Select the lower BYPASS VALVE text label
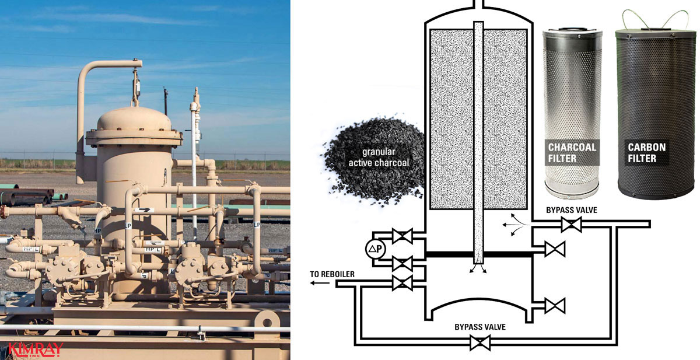(480, 327)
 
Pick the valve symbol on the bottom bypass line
(480, 344)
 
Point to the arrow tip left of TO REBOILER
(311, 283)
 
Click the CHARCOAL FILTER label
(572, 152)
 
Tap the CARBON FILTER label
(646, 152)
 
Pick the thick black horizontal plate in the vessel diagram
(478, 254)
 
